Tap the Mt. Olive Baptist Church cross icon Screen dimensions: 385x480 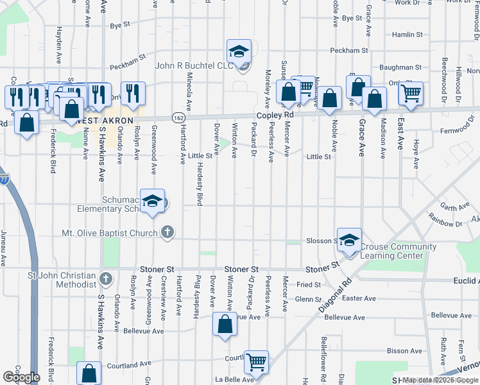(167, 232)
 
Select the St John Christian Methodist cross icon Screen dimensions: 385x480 (107, 279)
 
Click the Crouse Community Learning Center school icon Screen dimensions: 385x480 (349, 241)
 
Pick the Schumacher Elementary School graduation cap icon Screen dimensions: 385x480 (152, 201)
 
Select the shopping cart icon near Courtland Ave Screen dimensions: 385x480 (257, 363)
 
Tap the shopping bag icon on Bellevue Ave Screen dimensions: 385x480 (225, 325)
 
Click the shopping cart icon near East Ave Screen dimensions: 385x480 (411, 94)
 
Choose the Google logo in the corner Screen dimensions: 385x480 (22, 377)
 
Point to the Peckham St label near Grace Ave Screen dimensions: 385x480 (348, 50)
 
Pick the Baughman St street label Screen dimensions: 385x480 (400, 67)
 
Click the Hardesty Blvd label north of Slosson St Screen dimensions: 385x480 (200, 191)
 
